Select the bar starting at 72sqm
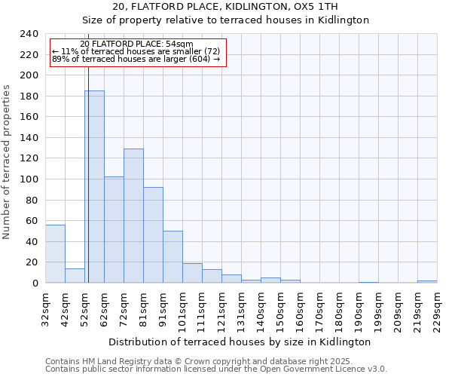coord(133,216)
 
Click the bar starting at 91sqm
coord(173,257)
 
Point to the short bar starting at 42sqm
coord(75,276)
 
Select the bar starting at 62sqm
coord(114,230)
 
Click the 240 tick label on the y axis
coord(29,34)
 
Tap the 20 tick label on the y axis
coord(32,262)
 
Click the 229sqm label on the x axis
coord(437,311)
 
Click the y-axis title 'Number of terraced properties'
coord(7,161)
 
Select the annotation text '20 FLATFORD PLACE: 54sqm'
coord(136,44)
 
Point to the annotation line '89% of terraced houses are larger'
coord(136,59)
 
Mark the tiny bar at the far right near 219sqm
coord(427,281)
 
